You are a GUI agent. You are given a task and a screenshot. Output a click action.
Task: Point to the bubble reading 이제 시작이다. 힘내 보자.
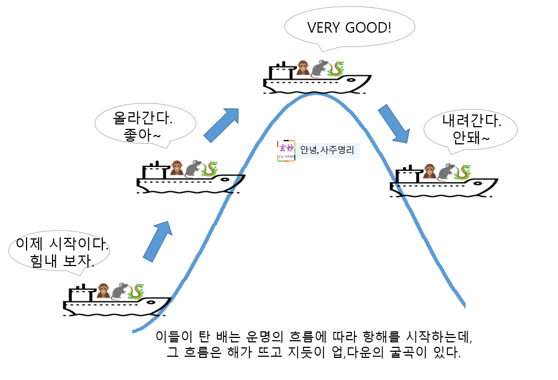coord(59,252)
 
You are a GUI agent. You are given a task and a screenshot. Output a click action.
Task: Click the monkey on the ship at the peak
coord(303,68)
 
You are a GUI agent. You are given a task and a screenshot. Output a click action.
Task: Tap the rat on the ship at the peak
coord(319,68)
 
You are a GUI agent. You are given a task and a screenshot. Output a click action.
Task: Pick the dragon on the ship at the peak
coord(335,69)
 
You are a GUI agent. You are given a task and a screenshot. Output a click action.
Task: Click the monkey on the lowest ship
coord(103,290)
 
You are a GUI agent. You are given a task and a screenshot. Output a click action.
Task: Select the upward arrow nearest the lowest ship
coord(158,240)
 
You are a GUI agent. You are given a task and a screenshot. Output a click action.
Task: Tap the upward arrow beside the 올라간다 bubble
coord(221,124)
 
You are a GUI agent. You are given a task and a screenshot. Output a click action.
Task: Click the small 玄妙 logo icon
coord(285,150)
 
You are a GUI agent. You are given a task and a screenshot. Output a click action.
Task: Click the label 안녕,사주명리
coord(327,150)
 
